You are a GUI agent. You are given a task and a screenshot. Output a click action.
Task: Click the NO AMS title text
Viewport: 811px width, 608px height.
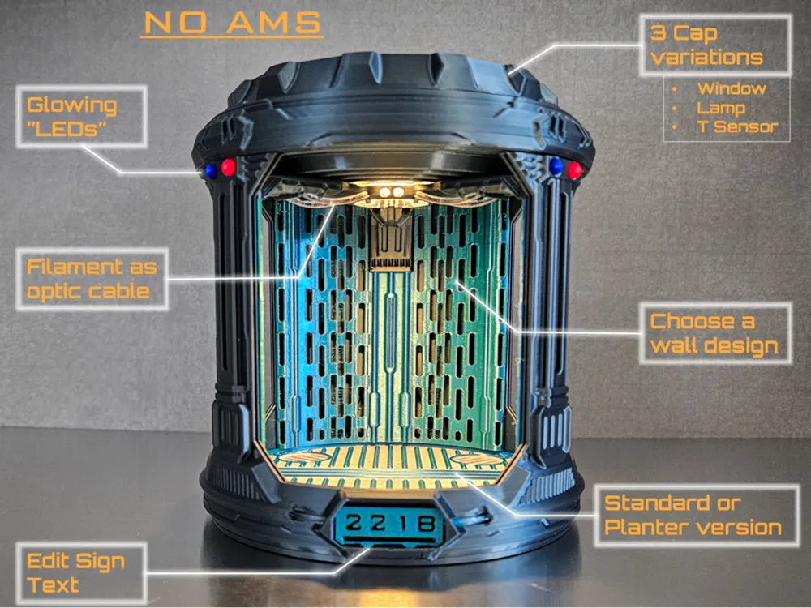[x=232, y=24]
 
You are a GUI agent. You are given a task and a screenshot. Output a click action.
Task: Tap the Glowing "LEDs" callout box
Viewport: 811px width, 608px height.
[x=82, y=117]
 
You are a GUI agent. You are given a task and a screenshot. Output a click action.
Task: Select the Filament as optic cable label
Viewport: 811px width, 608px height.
[x=92, y=279]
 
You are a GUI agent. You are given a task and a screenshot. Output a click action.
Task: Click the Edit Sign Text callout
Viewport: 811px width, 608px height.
[x=81, y=573]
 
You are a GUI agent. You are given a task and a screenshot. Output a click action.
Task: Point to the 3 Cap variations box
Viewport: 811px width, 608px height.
[x=715, y=45]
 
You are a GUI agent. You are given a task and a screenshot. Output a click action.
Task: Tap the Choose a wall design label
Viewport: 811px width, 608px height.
[x=715, y=333]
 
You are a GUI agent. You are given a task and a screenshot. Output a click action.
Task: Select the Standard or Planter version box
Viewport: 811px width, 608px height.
[x=696, y=516]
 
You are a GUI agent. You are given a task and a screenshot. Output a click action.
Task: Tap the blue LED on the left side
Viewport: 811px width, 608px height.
[x=211, y=170]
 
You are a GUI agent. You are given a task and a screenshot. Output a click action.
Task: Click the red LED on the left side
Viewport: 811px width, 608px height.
[x=228, y=167]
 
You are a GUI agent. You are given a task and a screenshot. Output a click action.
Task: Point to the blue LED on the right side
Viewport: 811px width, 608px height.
[x=556, y=166]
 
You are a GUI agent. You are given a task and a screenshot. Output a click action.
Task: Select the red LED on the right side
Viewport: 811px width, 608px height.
[x=575, y=169]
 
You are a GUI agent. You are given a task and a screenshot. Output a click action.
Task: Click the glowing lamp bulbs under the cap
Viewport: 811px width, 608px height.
[x=391, y=192]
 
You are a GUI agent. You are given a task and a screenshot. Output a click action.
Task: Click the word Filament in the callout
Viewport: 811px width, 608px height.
[x=75, y=267]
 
